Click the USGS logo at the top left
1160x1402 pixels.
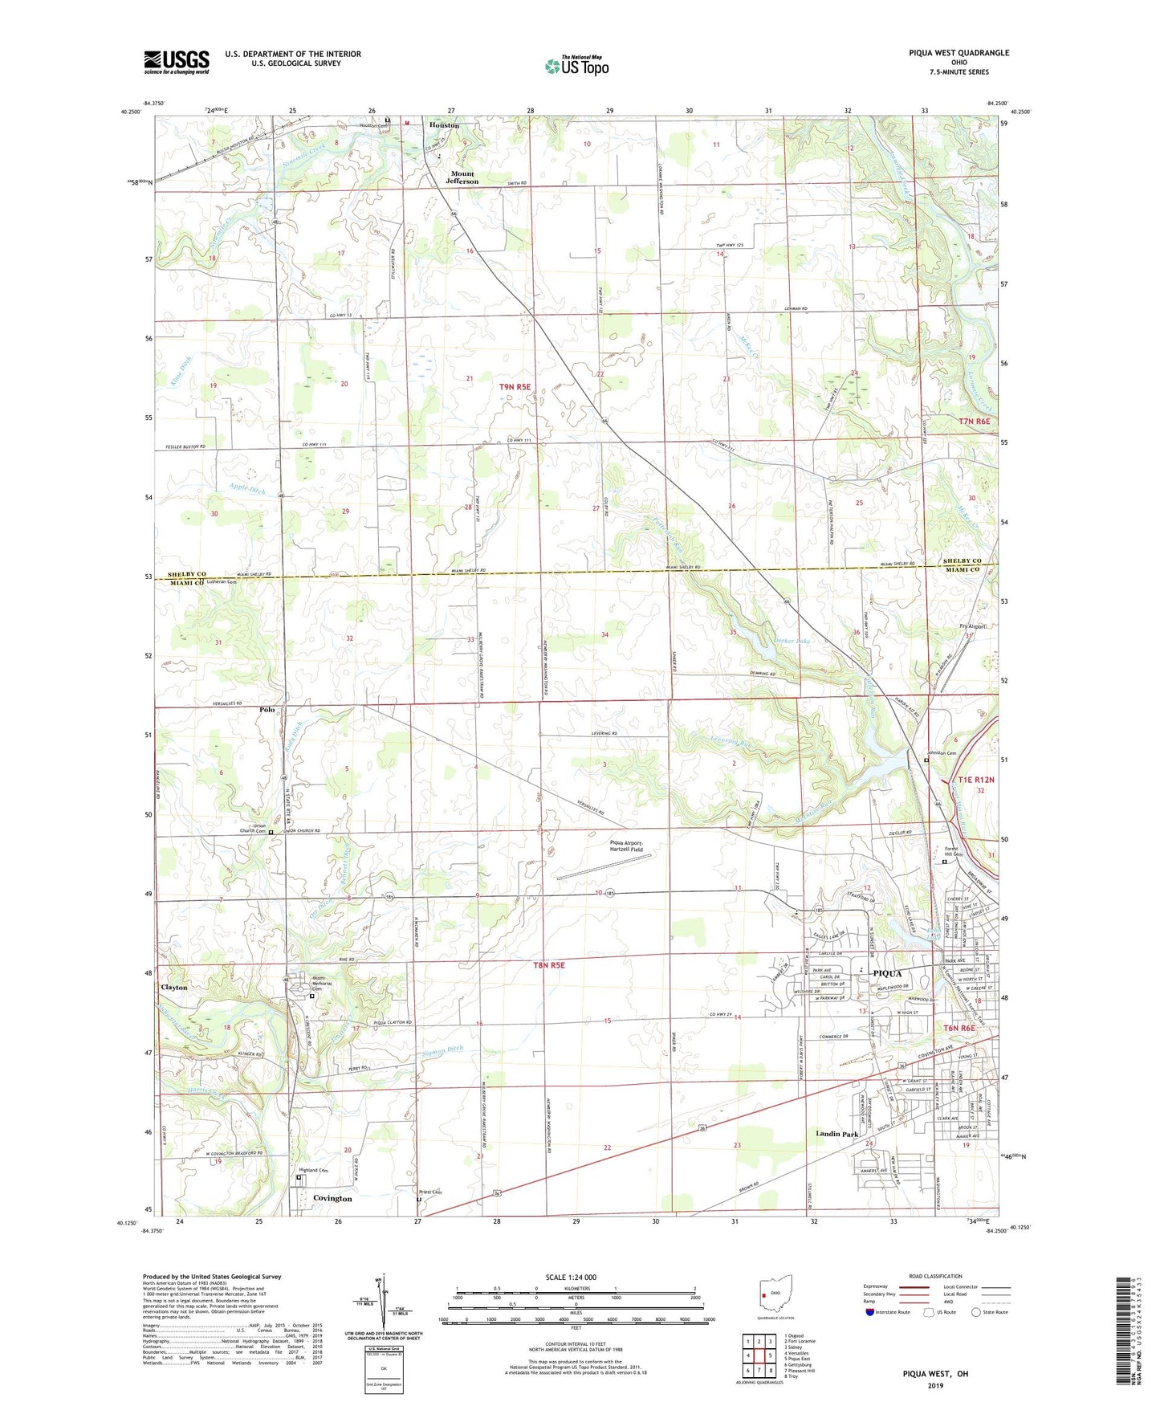(177, 62)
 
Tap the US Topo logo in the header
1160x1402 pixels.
(576, 66)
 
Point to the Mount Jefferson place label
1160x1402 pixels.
(463, 177)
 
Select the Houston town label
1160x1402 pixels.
(444, 125)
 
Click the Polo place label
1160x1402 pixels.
(267, 710)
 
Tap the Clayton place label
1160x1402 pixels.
(174, 988)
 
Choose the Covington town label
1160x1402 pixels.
(332, 1198)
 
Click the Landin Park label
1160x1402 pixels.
(837, 1134)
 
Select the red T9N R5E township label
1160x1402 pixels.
(515, 387)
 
